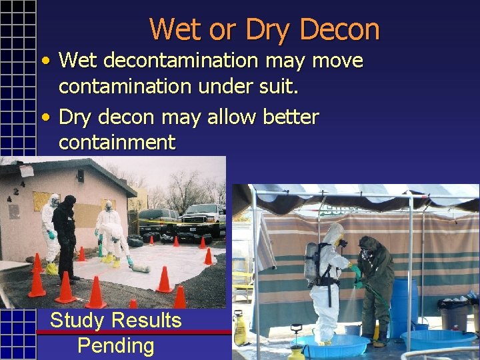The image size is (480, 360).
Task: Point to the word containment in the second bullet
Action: click(x=117, y=142)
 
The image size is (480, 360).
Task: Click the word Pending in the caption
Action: click(x=115, y=346)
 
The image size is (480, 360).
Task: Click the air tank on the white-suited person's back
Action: click(x=309, y=262)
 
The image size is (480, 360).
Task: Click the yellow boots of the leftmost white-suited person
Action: click(x=51, y=268)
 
